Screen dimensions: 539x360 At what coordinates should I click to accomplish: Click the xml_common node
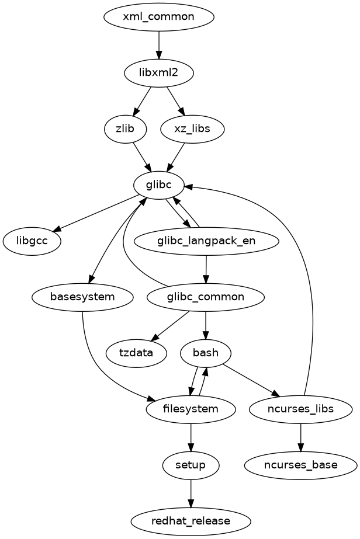click(x=158, y=16)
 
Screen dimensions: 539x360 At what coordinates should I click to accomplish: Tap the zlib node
click(x=125, y=128)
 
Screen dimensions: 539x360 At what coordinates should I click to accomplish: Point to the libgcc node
click(x=32, y=241)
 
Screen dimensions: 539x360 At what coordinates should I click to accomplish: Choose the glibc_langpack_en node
click(x=206, y=241)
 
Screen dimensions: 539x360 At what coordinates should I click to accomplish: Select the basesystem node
click(x=82, y=297)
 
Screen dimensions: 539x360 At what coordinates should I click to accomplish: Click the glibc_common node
click(x=206, y=297)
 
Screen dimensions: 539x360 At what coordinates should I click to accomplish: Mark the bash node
click(x=206, y=353)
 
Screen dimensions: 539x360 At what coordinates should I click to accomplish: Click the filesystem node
click(x=191, y=409)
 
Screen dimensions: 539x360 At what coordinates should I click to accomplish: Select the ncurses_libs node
click(x=300, y=409)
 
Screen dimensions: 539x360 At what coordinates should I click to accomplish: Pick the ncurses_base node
click(x=300, y=465)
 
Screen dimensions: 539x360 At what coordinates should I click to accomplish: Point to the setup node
click(x=191, y=465)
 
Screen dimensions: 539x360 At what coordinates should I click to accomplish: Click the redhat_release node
click(x=191, y=521)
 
